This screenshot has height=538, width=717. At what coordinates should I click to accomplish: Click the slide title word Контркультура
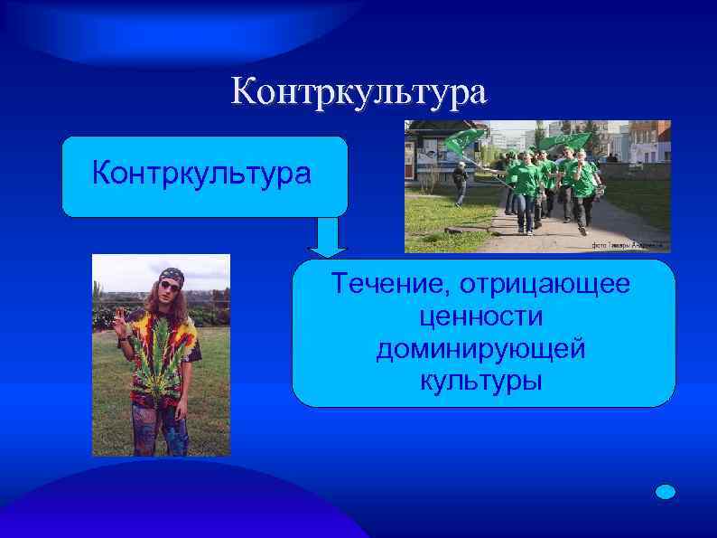point(358,92)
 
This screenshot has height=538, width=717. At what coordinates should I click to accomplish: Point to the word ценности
point(480,316)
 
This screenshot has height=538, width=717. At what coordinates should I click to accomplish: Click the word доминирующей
point(480,348)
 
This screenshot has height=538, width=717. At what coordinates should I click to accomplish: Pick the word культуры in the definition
point(480,380)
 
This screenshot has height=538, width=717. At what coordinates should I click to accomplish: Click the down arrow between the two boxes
point(328,239)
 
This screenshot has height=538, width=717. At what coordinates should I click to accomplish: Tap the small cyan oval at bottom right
point(665,491)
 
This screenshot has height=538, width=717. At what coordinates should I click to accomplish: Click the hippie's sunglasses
point(169,287)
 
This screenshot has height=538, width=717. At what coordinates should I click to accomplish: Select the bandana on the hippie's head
point(171,273)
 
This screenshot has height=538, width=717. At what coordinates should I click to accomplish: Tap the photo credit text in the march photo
point(629,245)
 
